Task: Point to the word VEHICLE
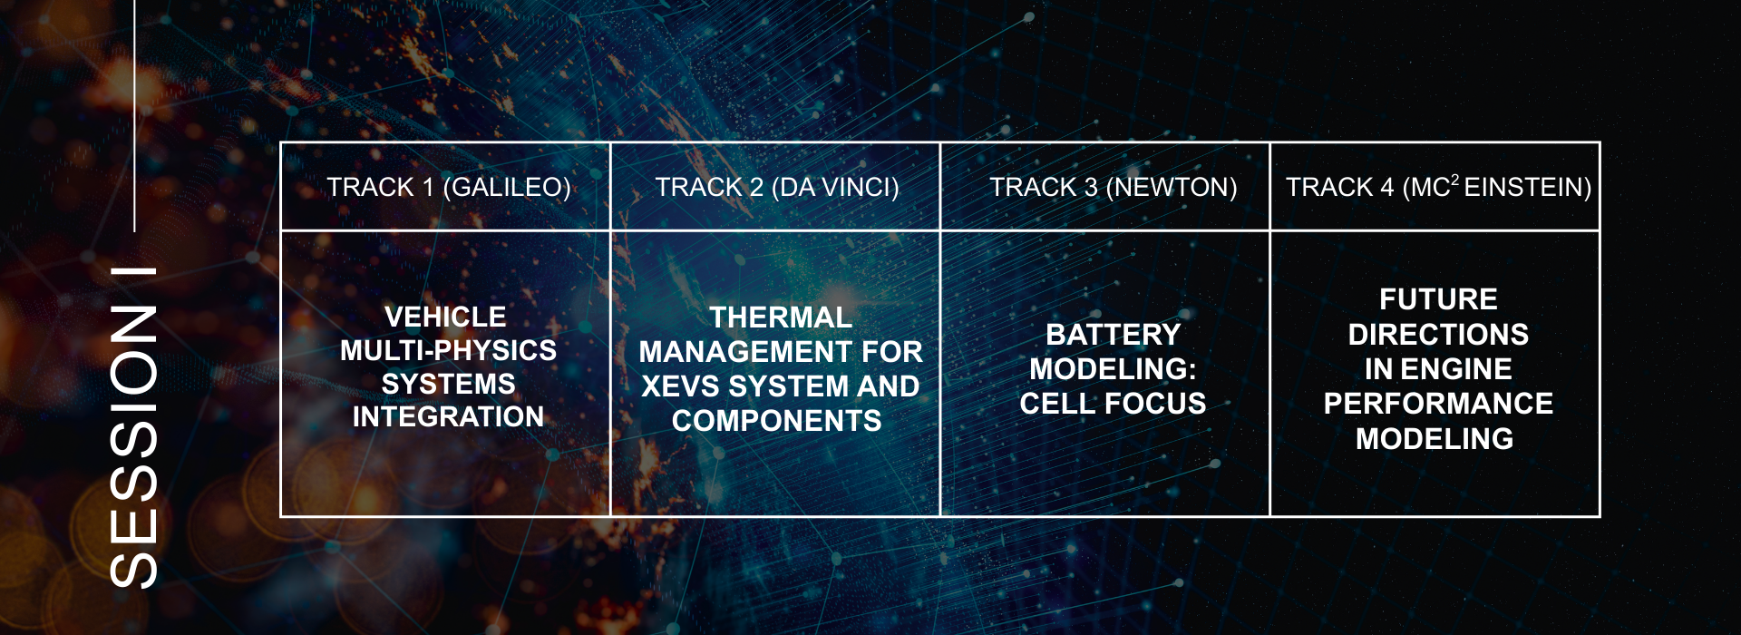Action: coord(445,317)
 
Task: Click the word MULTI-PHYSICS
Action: coord(448,350)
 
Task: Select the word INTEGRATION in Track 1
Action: coord(448,416)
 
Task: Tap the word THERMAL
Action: coord(781,317)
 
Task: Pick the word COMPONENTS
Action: coord(777,421)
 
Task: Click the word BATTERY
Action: coord(1114,335)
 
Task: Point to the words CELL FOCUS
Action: coord(1114,404)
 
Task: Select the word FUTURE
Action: coord(1438,299)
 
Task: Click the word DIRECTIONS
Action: coord(1438,335)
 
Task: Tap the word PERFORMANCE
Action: coord(1438,404)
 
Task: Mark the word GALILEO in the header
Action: coord(506,187)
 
